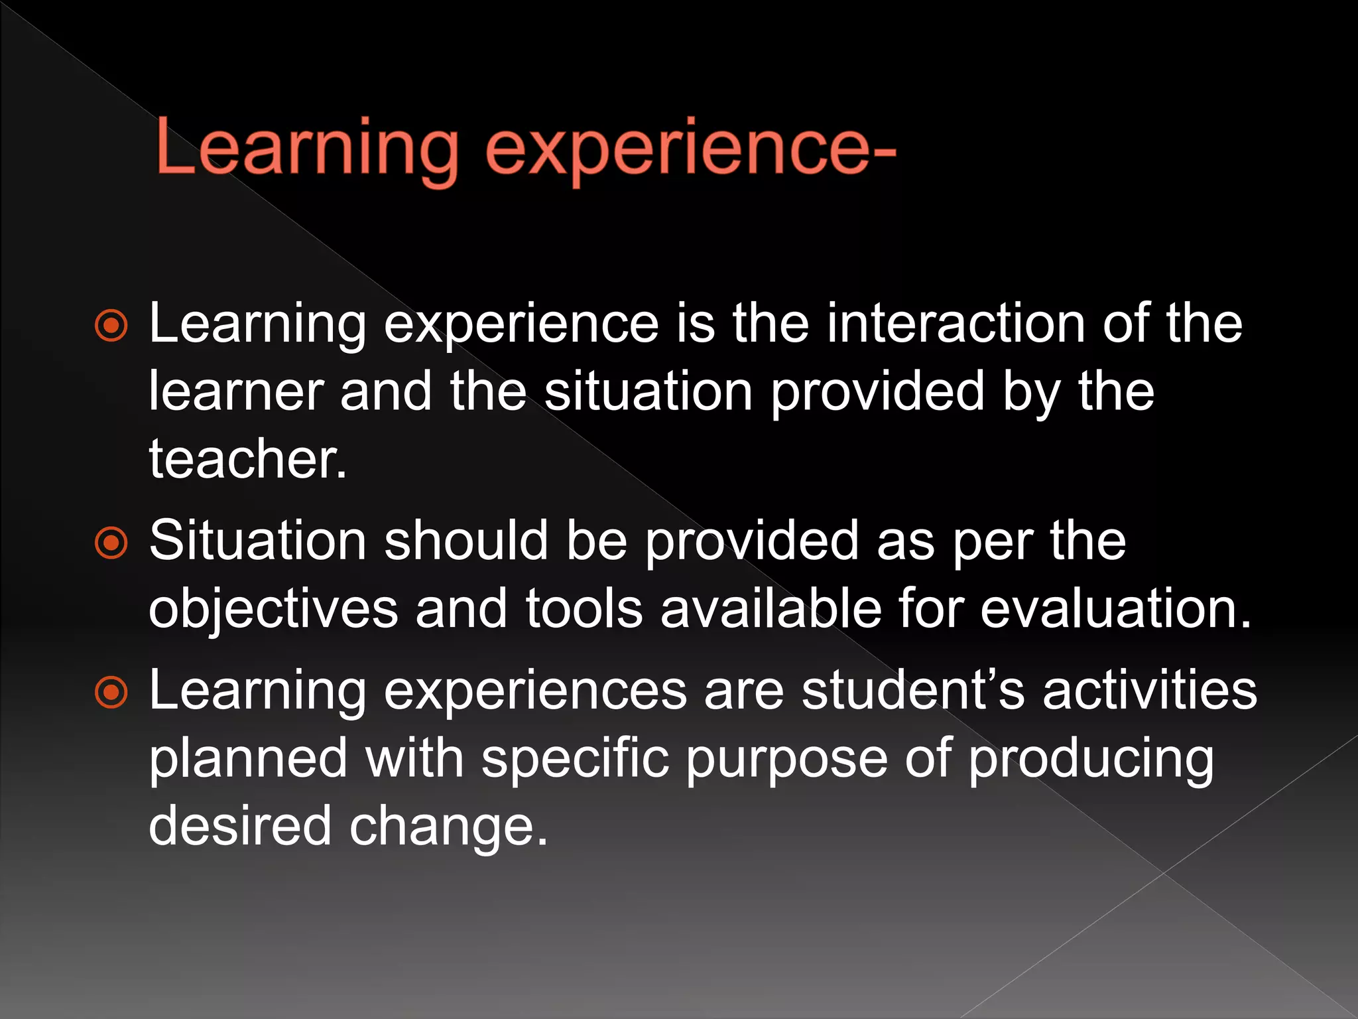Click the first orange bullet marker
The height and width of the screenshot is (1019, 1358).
[111, 326]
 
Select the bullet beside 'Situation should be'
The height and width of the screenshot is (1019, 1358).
[111, 543]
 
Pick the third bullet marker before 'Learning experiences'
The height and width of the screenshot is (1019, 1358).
[111, 693]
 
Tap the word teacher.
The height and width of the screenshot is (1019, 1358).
[247, 459]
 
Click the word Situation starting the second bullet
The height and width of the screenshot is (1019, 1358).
[257, 541]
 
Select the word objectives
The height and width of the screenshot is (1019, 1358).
[273, 609]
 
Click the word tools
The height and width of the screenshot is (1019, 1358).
[584, 609]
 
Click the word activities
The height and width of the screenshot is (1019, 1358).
[1150, 691]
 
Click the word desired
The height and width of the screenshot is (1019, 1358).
[239, 827]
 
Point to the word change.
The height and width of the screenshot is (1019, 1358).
[448, 827]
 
